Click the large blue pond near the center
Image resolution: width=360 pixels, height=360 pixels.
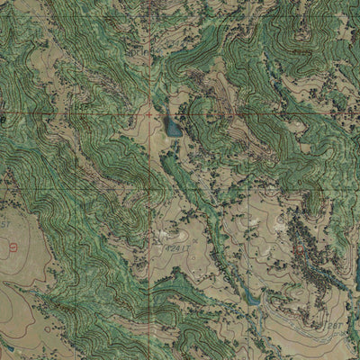pyautogui.click(x=171, y=127)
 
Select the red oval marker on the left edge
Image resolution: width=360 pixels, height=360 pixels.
pyautogui.click(x=13, y=246)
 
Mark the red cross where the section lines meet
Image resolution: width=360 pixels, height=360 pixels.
pyautogui.click(x=149, y=115)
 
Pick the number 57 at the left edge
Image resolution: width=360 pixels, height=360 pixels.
pyautogui.click(x=4, y=221)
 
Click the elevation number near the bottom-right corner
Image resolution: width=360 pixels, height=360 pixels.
pyautogui.click(x=335, y=323)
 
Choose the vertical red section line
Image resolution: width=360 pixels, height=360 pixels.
pyautogui.click(x=149, y=54)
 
